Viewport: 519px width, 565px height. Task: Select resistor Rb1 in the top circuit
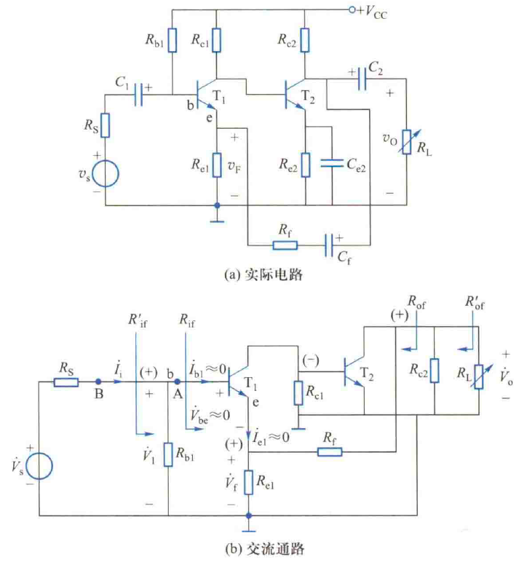click(x=172, y=41)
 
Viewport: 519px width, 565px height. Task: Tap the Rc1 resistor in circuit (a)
click(x=216, y=41)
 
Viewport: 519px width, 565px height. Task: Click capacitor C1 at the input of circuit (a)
click(x=138, y=95)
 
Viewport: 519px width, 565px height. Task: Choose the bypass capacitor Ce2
click(x=332, y=165)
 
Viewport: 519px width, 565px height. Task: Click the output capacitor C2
click(x=362, y=82)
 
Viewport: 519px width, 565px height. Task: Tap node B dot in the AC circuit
click(x=99, y=381)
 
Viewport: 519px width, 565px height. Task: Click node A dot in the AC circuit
click(x=176, y=381)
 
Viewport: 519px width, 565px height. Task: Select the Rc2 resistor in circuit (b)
click(x=433, y=370)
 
